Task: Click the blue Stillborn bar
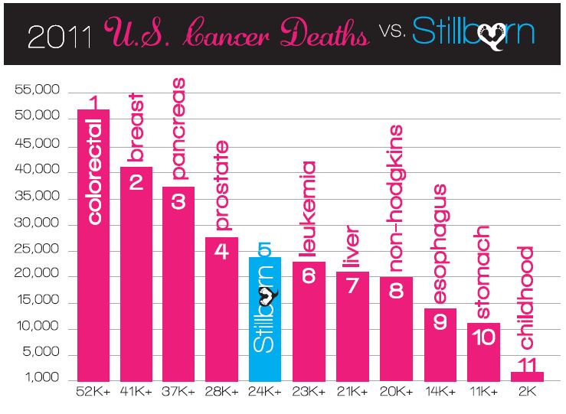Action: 265,318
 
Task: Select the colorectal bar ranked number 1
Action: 93,245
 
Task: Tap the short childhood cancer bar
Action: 528,376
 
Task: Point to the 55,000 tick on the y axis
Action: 38,91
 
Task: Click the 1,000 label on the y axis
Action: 43,379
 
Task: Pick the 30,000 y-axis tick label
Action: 38,224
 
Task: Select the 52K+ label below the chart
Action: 93,393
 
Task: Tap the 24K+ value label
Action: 266,393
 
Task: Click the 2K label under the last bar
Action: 528,393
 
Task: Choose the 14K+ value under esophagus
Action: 440,393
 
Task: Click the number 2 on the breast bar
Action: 136,183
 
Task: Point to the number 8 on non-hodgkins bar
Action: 397,292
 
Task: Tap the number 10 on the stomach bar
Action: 483,337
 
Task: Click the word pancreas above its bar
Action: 178,139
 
